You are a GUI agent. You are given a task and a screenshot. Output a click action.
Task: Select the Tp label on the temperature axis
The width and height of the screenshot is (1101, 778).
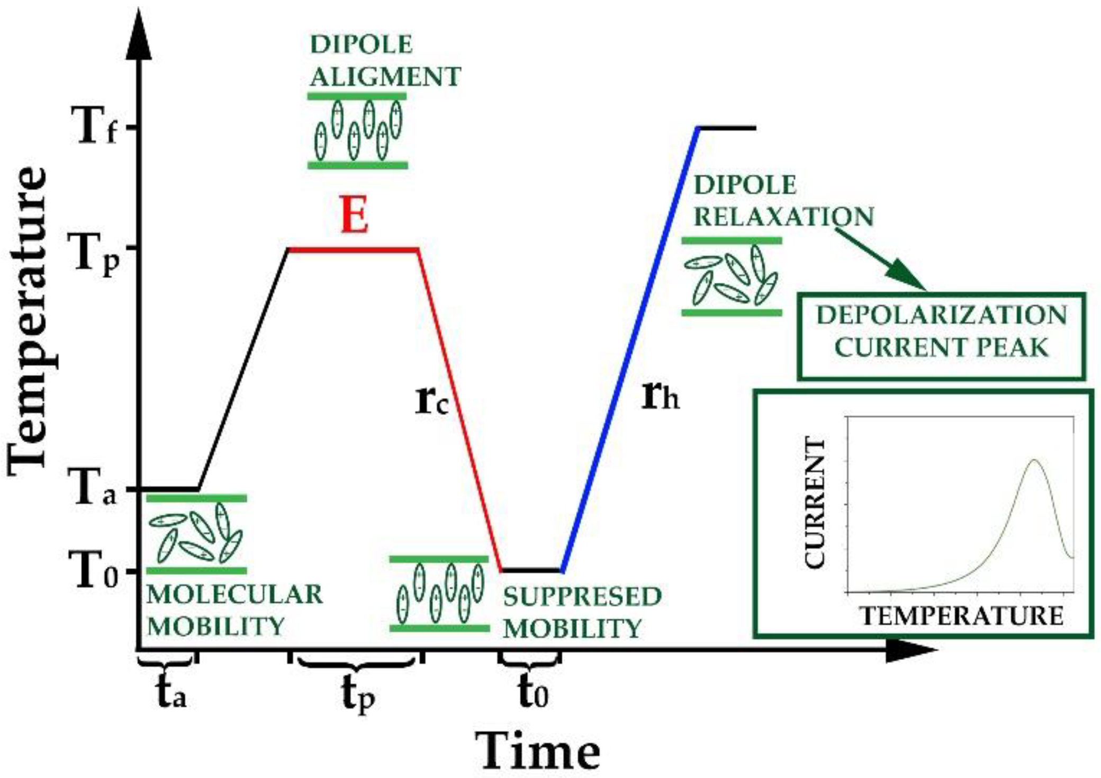point(95,253)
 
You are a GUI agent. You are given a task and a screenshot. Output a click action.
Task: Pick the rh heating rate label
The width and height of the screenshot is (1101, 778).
point(659,396)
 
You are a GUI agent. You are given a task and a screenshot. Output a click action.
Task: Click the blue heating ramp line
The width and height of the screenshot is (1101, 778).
point(630,350)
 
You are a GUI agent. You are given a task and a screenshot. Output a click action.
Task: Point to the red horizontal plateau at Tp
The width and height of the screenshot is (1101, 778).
point(354,248)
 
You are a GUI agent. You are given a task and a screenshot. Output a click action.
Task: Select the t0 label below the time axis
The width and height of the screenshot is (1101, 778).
point(532,692)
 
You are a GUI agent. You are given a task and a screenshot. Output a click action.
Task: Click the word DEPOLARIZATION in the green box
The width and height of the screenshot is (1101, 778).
point(941,315)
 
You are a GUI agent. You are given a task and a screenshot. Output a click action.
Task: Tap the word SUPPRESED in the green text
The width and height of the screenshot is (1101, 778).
point(582,597)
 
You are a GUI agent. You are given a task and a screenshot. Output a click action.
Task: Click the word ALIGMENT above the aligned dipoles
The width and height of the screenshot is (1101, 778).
point(385,77)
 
